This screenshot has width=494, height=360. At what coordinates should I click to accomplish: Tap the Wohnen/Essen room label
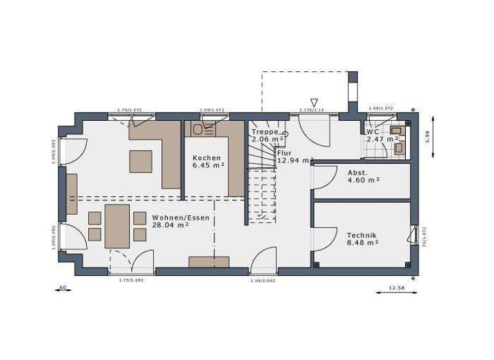pos(172,217)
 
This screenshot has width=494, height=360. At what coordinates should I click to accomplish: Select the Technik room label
pos(361,235)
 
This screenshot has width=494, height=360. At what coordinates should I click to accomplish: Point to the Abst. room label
pos(357,173)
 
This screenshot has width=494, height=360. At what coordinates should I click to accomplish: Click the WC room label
pos(373,130)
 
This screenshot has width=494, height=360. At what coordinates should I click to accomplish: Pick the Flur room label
pos(284,153)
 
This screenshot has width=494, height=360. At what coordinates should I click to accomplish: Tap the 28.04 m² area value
pos(170,226)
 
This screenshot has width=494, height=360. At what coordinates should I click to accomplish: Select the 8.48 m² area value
pos(362,243)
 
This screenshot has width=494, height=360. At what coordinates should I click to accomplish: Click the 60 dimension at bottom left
pos(62,287)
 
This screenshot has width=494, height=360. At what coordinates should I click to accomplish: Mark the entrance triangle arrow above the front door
pos(314,103)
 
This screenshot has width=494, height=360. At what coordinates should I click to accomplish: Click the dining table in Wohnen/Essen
pos(117,225)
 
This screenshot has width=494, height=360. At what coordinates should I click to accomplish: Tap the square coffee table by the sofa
pos(141,161)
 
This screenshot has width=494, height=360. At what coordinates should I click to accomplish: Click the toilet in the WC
pos(399,147)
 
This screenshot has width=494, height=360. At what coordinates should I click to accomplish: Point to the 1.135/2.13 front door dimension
pos(313,110)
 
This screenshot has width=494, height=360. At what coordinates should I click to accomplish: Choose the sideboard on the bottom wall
pos(208,262)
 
